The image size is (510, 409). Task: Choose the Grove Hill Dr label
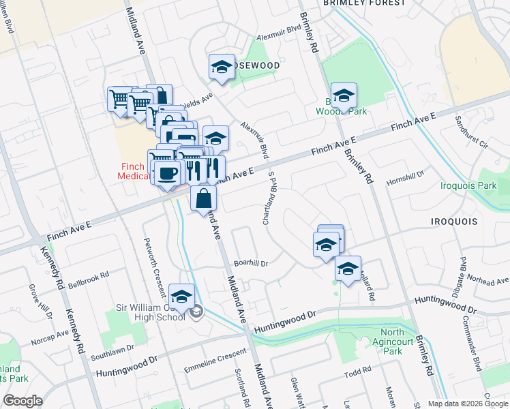38,301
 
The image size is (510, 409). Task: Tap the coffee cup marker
167,173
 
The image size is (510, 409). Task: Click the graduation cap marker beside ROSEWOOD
222,67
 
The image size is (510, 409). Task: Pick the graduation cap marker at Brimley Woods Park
344,95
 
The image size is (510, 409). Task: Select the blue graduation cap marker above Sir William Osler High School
181,297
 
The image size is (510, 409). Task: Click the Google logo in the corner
22,400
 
